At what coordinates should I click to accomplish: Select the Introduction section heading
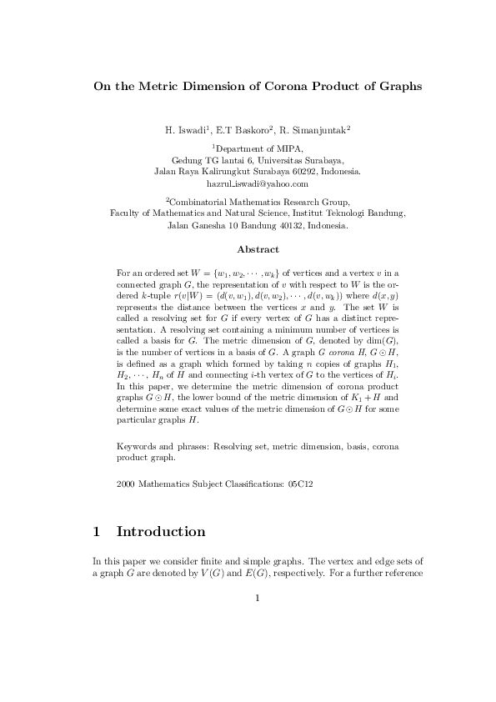[161, 531]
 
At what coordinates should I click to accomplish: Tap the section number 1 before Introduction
[97, 531]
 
